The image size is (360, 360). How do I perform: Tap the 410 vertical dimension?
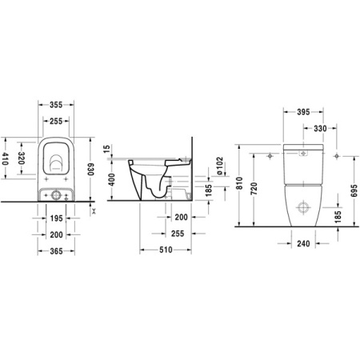(6, 163)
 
